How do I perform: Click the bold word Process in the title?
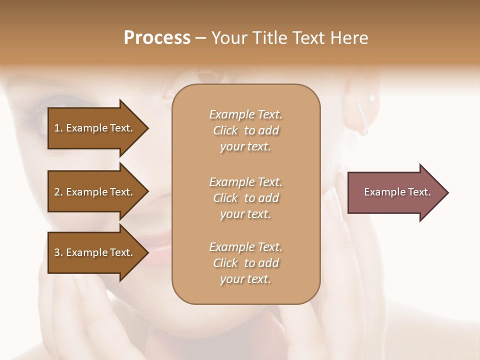click(x=157, y=38)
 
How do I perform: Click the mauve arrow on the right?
click(x=395, y=192)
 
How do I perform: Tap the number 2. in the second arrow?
click(x=58, y=192)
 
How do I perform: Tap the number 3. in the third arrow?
click(x=58, y=252)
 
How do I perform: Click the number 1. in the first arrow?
click(x=58, y=128)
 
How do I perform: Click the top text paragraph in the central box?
click(x=245, y=130)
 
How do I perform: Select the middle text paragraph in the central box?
click(x=245, y=198)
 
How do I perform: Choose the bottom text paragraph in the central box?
click(x=245, y=263)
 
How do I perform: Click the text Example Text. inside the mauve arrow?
click(x=397, y=192)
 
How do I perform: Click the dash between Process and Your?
click(x=200, y=38)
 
